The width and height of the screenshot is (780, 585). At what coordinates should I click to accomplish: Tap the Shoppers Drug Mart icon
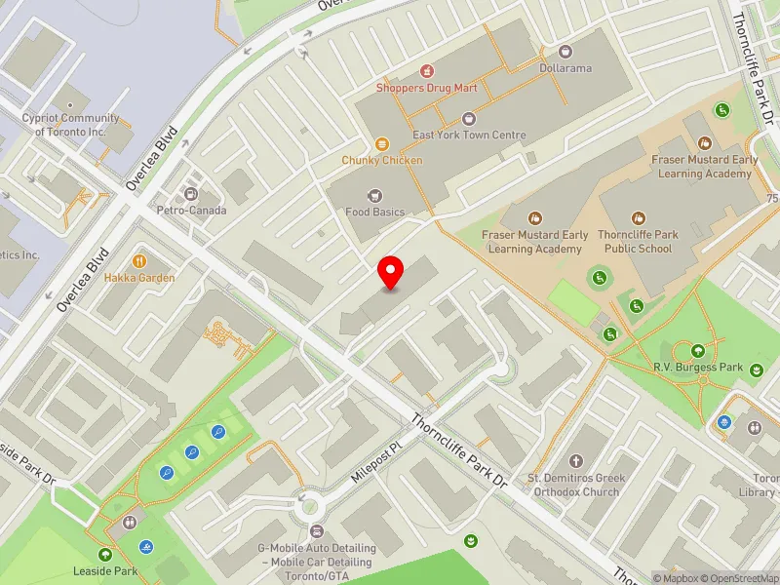[x=426, y=70]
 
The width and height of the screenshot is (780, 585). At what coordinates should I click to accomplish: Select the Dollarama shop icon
[x=565, y=52]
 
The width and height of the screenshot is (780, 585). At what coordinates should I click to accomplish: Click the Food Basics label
[x=374, y=212]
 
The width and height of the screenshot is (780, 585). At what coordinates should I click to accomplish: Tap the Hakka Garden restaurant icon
[x=140, y=260]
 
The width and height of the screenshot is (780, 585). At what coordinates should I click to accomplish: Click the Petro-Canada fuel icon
[x=191, y=193]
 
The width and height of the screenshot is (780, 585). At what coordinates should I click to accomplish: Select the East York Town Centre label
[x=469, y=136]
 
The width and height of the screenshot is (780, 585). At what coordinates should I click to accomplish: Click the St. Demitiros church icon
[x=574, y=460]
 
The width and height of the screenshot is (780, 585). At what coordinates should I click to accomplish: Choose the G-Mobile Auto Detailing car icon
[x=316, y=531]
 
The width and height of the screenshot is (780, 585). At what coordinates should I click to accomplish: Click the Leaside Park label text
[x=105, y=571]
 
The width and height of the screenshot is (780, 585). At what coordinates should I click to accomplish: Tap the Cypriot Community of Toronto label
[x=70, y=125]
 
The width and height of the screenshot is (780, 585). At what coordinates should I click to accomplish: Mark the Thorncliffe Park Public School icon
[x=639, y=218]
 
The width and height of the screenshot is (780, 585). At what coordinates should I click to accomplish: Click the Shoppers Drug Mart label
[x=427, y=88]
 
